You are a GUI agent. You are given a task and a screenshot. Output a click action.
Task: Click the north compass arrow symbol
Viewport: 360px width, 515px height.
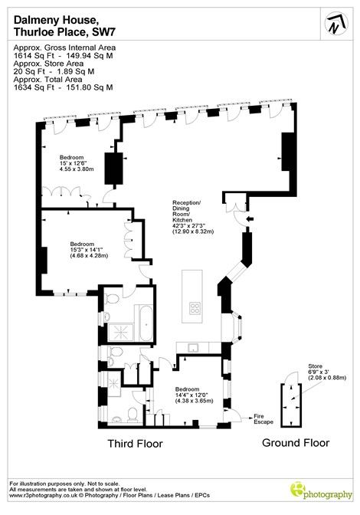(336, 23)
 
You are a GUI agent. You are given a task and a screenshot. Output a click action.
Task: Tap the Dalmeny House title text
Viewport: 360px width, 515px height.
(56, 21)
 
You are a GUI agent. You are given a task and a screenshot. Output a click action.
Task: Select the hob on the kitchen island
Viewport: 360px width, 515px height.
(195, 308)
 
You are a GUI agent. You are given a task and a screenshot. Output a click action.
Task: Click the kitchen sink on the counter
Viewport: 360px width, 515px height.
(192, 347)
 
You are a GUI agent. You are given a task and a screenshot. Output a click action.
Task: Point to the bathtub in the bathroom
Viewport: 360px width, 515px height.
(146, 323)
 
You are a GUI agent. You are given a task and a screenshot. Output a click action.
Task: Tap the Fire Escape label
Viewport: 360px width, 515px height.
(263, 419)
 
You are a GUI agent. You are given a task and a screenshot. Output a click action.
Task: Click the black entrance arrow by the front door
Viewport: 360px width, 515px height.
(250, 218)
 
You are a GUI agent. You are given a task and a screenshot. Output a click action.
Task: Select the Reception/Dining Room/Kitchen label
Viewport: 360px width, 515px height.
(193, 217)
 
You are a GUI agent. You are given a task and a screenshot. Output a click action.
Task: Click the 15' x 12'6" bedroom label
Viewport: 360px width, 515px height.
(77, 163)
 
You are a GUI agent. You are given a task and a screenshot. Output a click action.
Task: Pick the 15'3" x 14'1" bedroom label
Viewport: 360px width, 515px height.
(89, 250)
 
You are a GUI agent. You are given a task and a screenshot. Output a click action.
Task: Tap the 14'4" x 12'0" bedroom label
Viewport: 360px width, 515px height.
(194, 395)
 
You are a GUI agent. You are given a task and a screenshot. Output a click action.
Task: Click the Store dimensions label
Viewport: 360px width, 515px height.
(327, 372)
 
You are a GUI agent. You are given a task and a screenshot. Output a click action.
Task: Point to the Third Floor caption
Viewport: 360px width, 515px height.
(136, 444)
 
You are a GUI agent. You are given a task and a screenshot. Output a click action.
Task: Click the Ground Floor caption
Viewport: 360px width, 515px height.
(296, 443)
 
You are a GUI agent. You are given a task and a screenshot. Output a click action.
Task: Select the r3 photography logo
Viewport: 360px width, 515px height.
(321, 491)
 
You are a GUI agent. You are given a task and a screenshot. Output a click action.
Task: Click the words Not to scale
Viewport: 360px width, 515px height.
(103, 484)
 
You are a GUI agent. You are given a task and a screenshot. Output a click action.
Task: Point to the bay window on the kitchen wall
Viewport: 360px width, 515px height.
(236, 328)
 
